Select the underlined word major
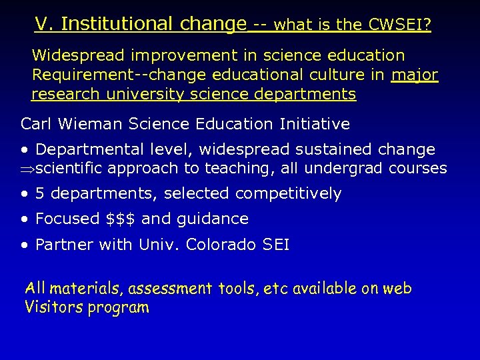pyautogui.click(x=415, y=75)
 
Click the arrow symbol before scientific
pyautogui.click(x=27, y=169)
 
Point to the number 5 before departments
pyautogui.click(x=40, y=194)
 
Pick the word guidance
pyautogui.click(x=213, y=219)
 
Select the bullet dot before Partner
pyautogui.click(x=25, y=245)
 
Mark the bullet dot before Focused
pyautogui.click(x=25, y=219)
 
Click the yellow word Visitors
pyautogui.click(x=53, y=307)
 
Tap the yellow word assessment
pyautogui.click(x=170, y=289)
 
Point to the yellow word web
pyautogui.click(x=398, y=289)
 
